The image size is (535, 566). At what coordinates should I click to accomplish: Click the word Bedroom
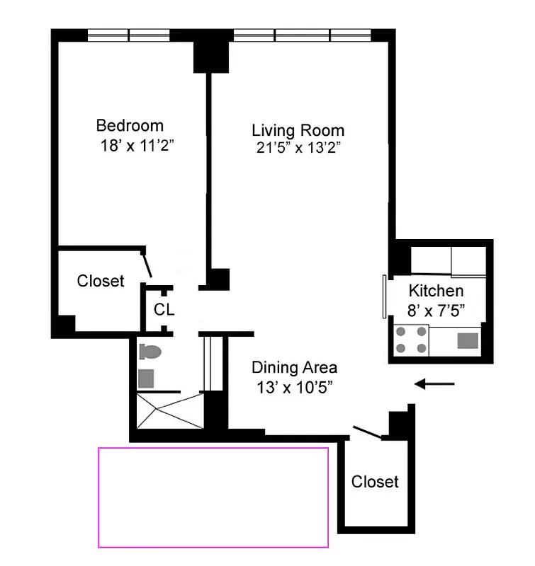coord(130,126)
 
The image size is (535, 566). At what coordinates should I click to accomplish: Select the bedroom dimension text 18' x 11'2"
coord(137,147)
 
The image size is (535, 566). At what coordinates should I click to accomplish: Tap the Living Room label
coord(298,130)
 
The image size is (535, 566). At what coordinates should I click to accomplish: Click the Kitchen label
coord(436,291)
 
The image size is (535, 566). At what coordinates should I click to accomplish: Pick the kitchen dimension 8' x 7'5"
coord(437,309)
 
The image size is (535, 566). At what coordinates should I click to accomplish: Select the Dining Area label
coord(295,368)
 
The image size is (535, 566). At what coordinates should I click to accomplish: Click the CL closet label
coord(164,310)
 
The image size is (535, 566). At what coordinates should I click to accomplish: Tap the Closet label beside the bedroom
coord(101,281)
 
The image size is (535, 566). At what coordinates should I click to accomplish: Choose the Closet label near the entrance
coord(375,482)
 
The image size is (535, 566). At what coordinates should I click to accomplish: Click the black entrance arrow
coord(434,384)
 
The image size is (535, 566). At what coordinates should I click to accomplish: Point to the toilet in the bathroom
coord(150,352)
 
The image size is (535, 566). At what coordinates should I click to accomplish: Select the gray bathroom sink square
coord(146,378)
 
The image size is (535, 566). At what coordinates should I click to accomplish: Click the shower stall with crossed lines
coord(169,410)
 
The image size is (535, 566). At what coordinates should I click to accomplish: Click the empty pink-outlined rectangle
coord(213,497)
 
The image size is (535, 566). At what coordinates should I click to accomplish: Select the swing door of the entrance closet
coord(368,433)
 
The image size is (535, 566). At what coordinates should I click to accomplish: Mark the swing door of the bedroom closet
coord(148,265)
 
